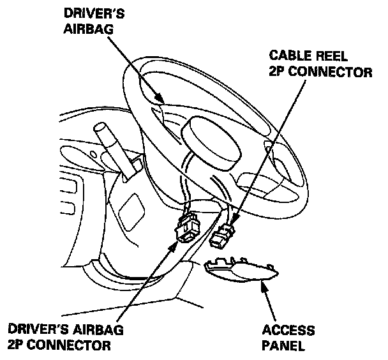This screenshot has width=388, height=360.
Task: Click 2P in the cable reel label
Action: click(x=278, y=73)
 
